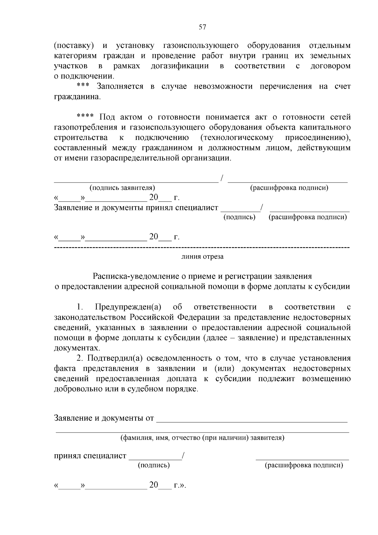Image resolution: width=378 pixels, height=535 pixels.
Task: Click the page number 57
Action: (203, 27)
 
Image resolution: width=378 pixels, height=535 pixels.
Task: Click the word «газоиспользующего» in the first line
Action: (201, 45)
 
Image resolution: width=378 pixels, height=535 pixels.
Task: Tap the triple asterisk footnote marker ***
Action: (83, 86)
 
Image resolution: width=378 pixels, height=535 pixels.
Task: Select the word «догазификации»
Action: (180, 66)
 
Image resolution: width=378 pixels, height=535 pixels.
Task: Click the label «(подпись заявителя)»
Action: (122, 188)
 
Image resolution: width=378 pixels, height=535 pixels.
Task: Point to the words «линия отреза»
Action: (203, 256)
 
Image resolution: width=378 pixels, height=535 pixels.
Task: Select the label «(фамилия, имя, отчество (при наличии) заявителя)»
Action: (203, 438)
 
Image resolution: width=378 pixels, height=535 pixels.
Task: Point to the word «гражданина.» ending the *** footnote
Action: (77, 96)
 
